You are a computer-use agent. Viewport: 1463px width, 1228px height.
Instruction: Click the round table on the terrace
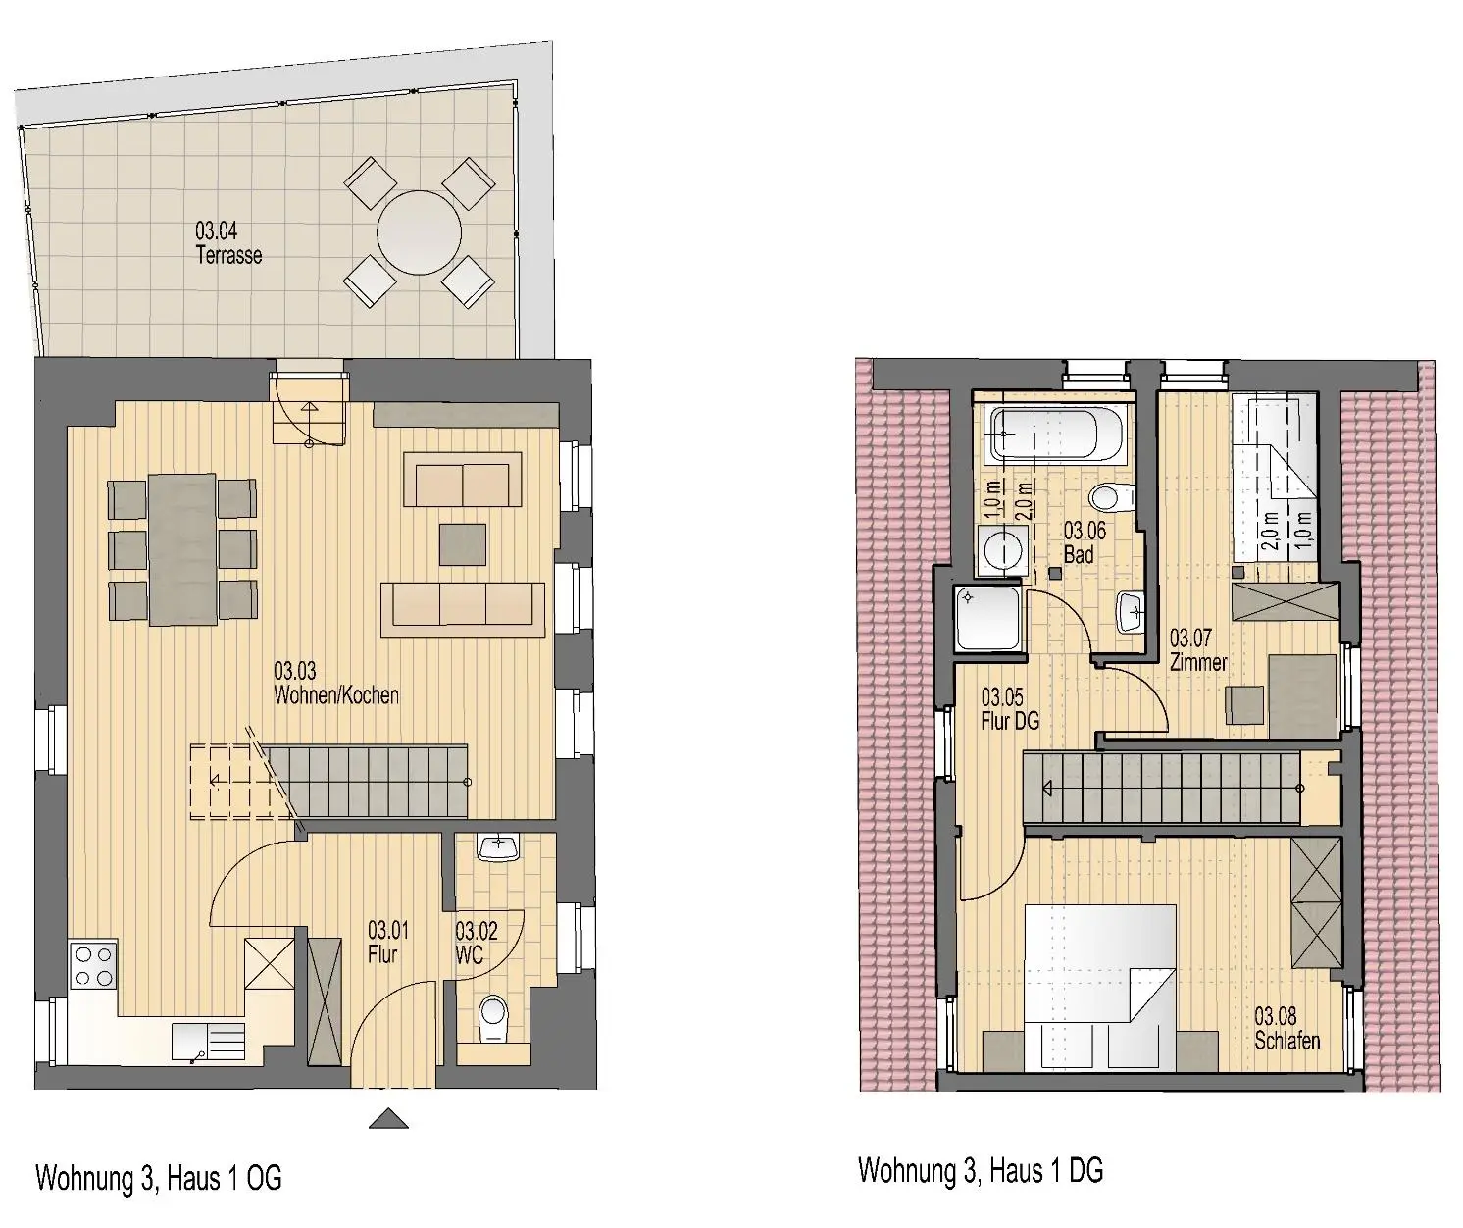point(419,233)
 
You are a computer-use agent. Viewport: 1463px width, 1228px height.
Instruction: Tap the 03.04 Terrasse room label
point(228,242)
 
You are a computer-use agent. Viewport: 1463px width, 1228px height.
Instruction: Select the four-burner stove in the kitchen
point(93,966)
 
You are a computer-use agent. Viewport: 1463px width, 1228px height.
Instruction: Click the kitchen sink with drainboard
point(208,1043)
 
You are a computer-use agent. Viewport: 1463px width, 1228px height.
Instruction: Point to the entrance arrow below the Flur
point(388,1118)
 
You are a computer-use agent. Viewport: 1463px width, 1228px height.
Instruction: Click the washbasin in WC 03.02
point(498,846)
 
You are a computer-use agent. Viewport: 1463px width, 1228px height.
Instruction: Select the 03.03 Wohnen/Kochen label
point(336,684)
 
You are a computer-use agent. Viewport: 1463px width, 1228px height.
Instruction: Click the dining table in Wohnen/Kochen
point(182,549)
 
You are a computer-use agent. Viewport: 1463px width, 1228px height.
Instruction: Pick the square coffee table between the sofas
point(463,544)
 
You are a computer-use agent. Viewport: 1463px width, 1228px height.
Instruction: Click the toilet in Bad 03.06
point(1111,497)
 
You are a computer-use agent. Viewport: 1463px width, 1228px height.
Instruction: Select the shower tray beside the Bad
point(988,618)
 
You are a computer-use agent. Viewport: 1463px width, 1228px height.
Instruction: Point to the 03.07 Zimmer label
point(1198,649)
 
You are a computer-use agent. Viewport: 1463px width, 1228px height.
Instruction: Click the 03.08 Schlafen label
point(1287,1028)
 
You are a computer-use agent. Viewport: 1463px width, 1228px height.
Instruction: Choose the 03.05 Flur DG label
point(1010,708)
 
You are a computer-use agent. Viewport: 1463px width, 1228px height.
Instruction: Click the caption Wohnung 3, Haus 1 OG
point(158,1178)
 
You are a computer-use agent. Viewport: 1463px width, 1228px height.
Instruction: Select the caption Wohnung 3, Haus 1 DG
point(981,1170)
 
